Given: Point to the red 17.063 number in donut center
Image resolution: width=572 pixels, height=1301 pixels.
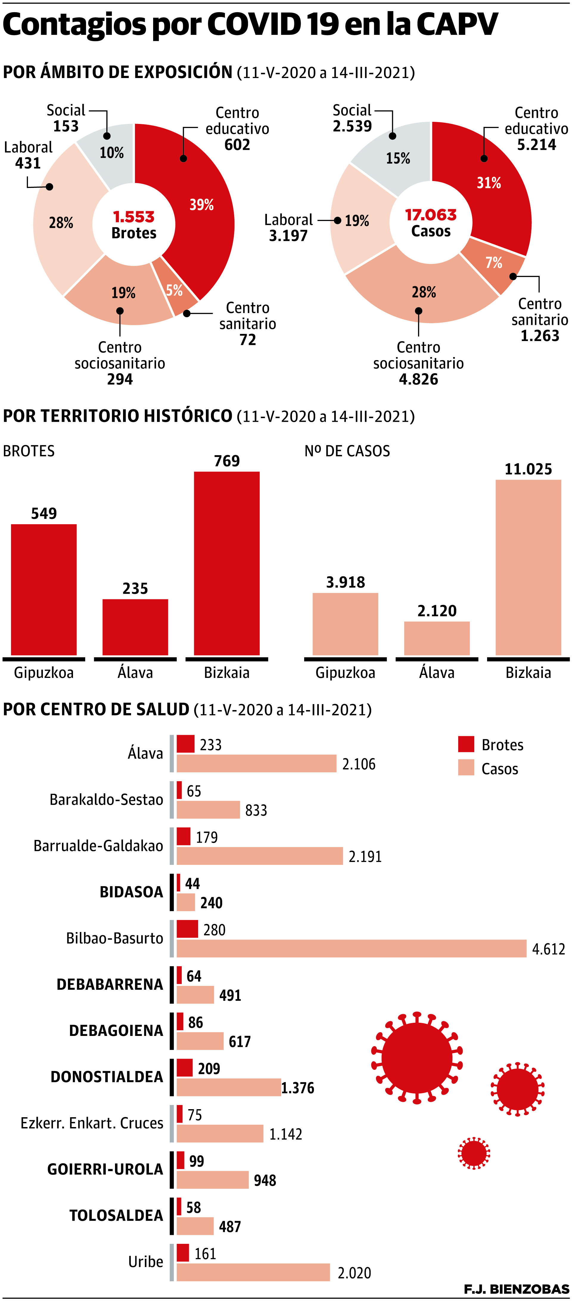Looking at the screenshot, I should tap(430, 215).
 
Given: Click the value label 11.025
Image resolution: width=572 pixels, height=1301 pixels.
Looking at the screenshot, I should tap(528, 469).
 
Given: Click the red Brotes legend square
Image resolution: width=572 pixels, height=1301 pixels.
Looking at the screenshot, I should tap(466, 744).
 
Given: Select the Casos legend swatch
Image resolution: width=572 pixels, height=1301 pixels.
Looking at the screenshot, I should tap(466, 768).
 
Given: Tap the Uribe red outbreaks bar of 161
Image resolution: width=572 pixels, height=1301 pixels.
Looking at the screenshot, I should tap(183, 1252).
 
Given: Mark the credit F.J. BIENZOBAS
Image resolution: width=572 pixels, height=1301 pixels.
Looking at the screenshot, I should tap(516, 1289).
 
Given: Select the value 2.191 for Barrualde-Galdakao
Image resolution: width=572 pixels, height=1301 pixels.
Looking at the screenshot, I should tap(365, 857).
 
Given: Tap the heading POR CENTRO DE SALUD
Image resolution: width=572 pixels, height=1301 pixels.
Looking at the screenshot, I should tap(96, 709).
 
